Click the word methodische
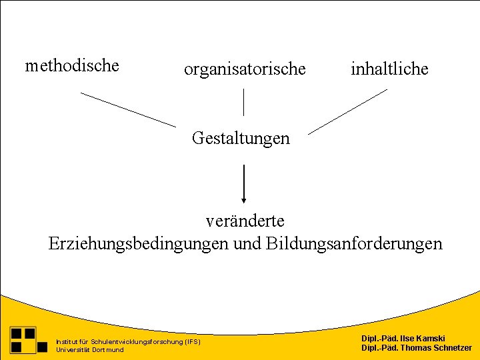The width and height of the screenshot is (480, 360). pyautogui.click(x=72, y=66)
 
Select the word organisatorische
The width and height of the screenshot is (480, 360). pyautogui.click(x=245, y=69)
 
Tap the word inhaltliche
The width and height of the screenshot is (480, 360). pyautogui.click(x=389, y=69)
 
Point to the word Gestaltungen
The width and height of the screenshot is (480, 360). pyautogui.click(x=241, y=138)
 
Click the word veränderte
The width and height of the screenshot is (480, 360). pyautogui.click(x=245, y=219)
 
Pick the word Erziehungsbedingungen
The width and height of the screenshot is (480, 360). pyautogui.click(x=139, y=243)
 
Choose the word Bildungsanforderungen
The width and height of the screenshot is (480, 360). pyautogui.click(x=353, y=243)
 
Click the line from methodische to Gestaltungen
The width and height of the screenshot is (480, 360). pyautogui.click(x=128, y=109)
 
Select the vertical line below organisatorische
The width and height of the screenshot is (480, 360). pyautogui.click(x=243, y=101)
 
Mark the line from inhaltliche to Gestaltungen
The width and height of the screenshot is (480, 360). pyautogui.click(x=347, y=111)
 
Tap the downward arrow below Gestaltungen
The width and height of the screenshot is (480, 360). pyautogui.click(x=244, y=180)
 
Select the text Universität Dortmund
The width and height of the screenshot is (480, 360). pyautogui.click(x=90, y=350)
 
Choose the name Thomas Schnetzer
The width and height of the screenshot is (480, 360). pyautogui.click(x=434, y=348)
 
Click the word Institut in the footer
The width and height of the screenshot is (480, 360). pyautogui.click(x=67, y=342)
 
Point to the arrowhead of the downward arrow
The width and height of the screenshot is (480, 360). pyautogui.click(x=244, y=199)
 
